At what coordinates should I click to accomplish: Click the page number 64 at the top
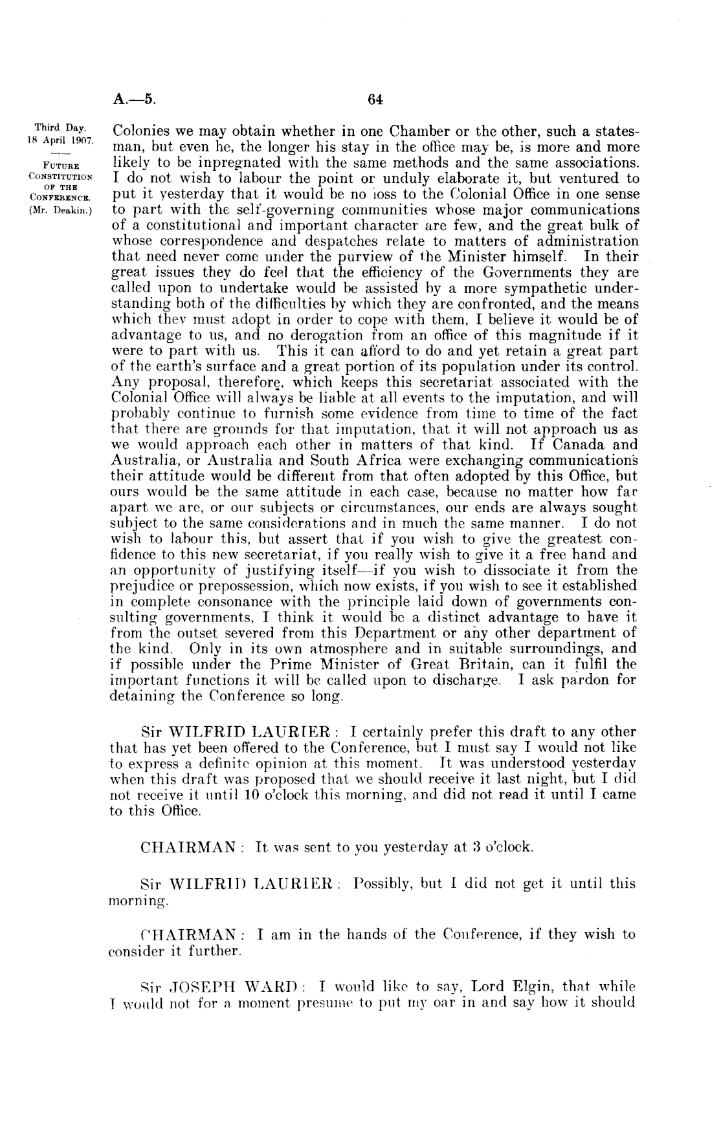(x=375, y=100)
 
